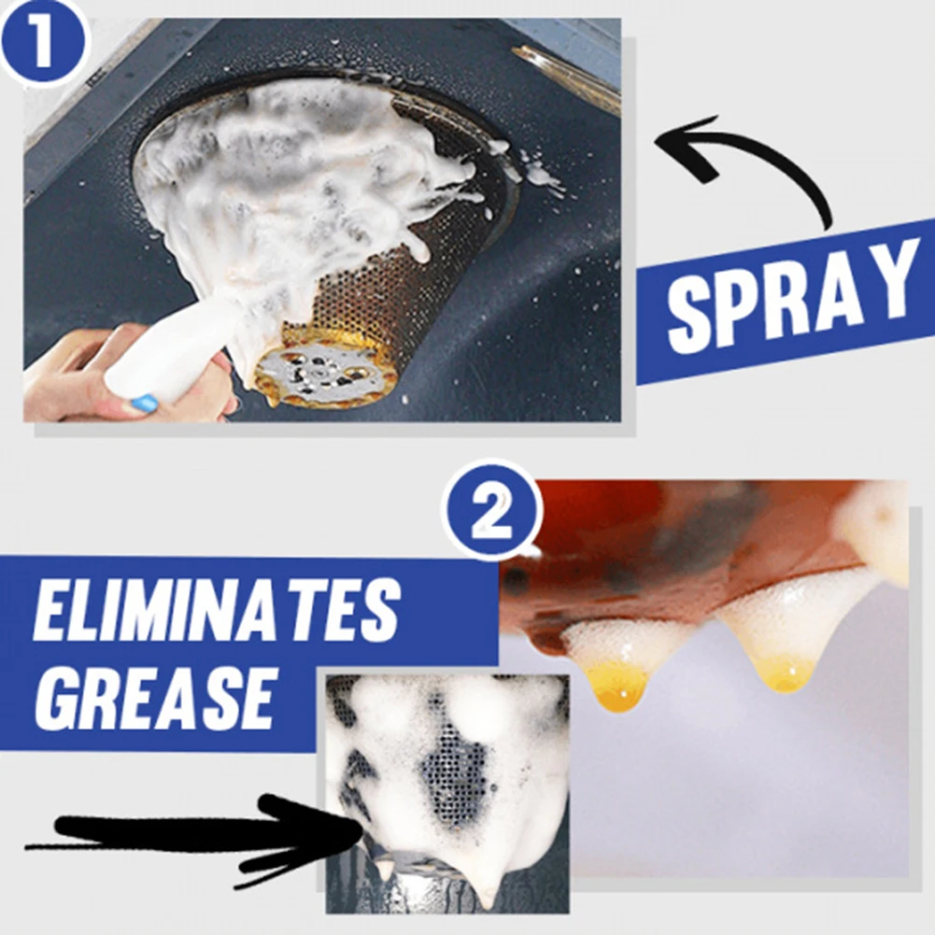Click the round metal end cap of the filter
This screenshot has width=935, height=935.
point(323,370)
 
